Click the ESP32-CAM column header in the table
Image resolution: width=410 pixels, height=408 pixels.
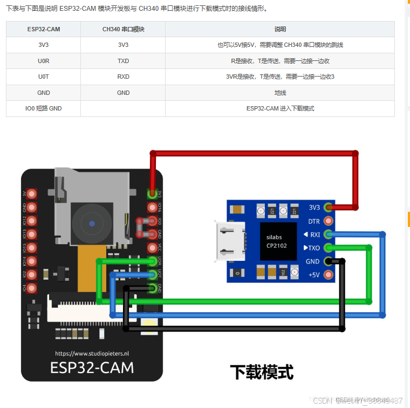pos(44,29)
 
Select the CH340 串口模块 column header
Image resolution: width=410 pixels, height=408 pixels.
pos(123,29)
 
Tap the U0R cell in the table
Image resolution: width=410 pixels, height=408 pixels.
pos(44,61)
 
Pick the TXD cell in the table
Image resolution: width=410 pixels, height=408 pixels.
pos(123,61)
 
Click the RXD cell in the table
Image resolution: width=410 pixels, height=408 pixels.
pos(123,77)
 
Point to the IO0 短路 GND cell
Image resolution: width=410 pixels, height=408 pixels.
pos(44,108)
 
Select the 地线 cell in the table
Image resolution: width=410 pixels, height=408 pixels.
pos(280,93)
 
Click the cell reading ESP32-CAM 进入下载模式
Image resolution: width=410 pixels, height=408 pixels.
pos(280,108)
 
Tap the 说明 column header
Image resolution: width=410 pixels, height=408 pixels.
pos(280,29)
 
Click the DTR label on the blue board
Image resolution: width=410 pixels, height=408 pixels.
pos(314,221)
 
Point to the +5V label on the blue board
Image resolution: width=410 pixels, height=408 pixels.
pos(313,275)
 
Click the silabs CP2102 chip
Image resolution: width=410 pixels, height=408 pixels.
pos(277,241)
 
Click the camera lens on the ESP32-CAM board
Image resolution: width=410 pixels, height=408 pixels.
pos(92,223)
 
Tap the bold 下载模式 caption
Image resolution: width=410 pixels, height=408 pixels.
pos(262,371)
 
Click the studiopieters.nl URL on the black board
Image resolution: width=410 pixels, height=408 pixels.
pos(92,354)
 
